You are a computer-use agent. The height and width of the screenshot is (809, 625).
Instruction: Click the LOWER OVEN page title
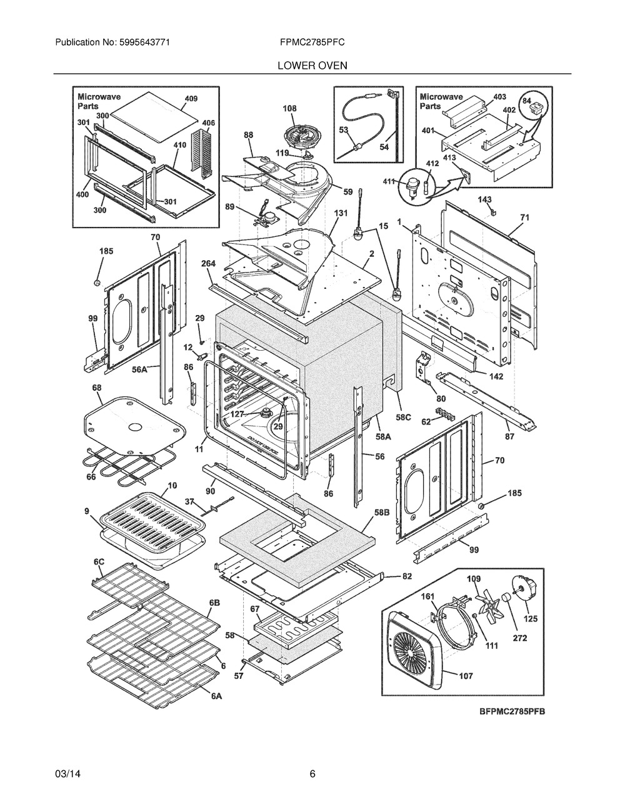click(x=312, y=66)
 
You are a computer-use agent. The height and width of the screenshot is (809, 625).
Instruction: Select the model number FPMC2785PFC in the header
click(x=312, y=43)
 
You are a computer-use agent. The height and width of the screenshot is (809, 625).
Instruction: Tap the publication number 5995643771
click(x=145, y=43)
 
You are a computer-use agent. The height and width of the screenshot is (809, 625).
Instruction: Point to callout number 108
click(x=289, y=108)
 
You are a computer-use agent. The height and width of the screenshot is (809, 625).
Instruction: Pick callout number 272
click(x=520, y=638)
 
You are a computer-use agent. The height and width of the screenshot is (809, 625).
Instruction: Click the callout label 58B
click(x=382, y=512)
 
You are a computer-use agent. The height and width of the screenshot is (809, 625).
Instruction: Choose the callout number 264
click(x=208, y=263)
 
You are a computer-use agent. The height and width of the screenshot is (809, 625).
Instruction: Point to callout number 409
click(x=191, y=99)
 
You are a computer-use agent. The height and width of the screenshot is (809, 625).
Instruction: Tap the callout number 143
click(x=484, y=200)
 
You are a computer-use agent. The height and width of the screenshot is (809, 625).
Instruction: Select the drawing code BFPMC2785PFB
click(x=512, y=711)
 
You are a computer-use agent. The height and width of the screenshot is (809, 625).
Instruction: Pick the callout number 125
click(x=531, y=618)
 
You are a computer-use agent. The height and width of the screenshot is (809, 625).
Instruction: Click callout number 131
click(x=341, y=213)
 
